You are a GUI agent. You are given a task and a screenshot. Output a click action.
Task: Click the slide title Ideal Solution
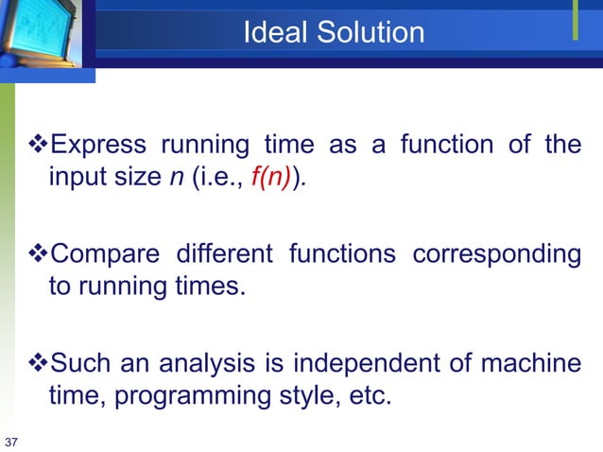click(334, 33)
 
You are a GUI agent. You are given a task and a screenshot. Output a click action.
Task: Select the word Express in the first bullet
click(97, 146)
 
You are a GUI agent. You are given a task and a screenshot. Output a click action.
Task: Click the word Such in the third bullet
click(78, 362)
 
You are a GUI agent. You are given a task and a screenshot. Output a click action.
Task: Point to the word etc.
click(368, 396)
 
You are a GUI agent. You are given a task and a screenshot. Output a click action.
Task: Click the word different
click(224, 254)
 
